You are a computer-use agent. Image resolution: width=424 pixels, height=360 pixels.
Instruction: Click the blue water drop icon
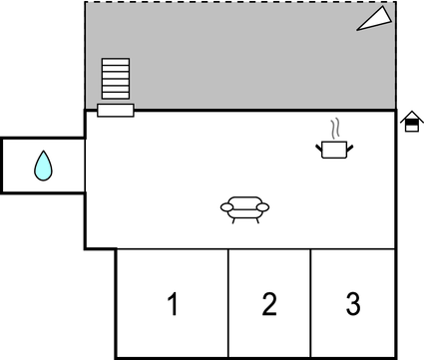click(43, 166)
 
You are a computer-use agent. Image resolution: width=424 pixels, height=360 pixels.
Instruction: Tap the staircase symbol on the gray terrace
click(116, 79)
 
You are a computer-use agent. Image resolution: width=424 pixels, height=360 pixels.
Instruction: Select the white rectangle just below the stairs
click(116, 110)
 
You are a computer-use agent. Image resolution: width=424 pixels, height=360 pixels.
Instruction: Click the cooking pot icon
click(335, 150)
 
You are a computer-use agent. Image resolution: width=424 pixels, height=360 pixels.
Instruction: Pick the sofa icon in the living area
click(244, 208)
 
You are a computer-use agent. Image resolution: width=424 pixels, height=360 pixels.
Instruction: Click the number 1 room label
click(173, 303)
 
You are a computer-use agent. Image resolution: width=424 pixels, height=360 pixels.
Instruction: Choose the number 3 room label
click(352, 303)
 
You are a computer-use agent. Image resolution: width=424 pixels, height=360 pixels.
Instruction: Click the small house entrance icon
click(410, 122)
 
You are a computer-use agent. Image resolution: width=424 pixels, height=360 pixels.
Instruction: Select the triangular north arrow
click(376, 18)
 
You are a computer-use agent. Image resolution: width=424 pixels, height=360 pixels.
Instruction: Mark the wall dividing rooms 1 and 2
click(229, 303)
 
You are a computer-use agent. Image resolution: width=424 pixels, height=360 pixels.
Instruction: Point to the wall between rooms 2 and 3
click(311, 303)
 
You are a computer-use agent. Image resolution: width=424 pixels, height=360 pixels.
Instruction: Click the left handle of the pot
click(320, 148)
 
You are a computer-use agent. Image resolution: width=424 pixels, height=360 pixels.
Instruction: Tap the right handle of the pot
click(351, 148)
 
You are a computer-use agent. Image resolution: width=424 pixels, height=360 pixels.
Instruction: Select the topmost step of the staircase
click(116, 62)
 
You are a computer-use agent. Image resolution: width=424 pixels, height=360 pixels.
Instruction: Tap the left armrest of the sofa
click(226, 206)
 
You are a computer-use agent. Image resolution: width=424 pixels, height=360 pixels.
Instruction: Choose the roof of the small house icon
click(410, 116)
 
